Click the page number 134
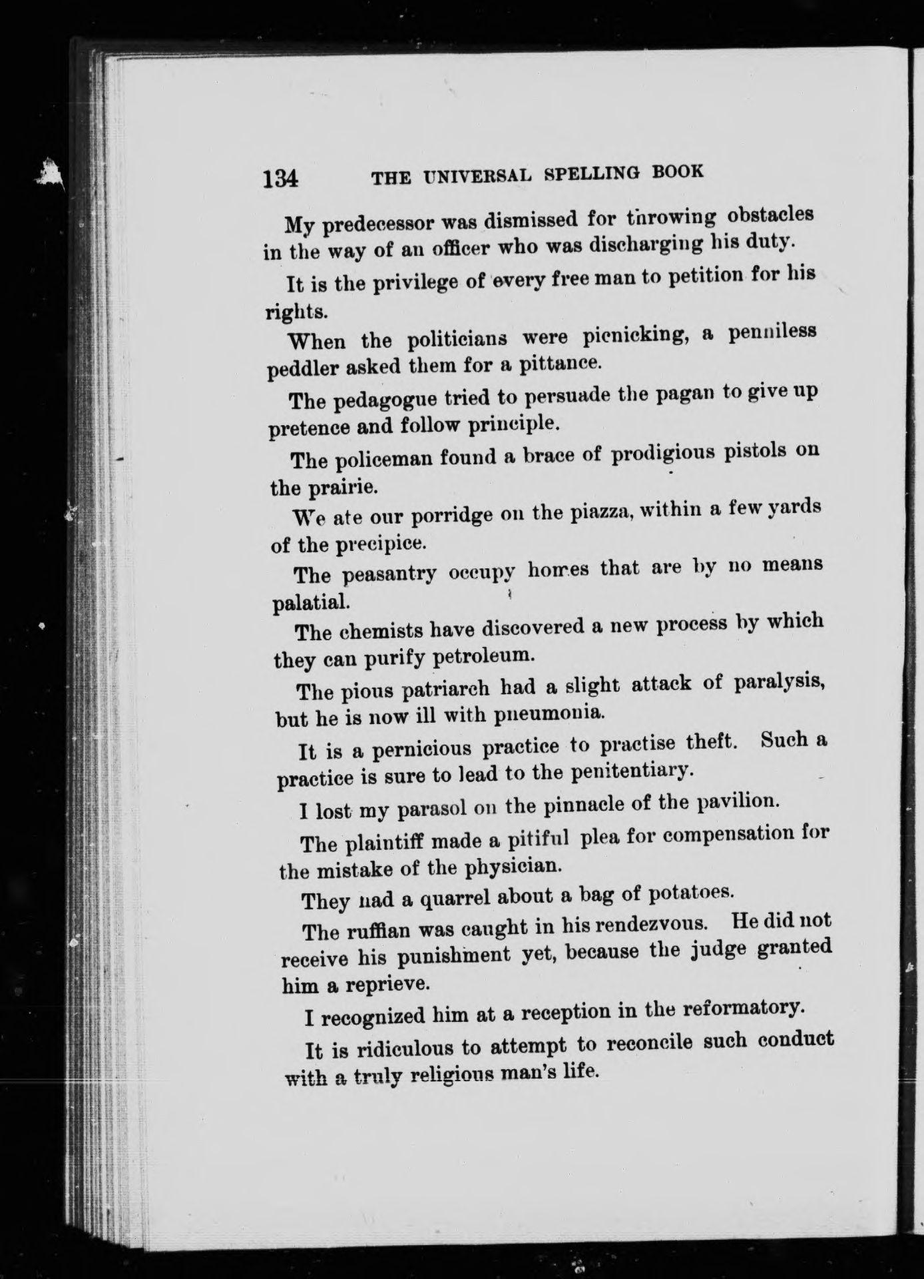click(x=280, y=179)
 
